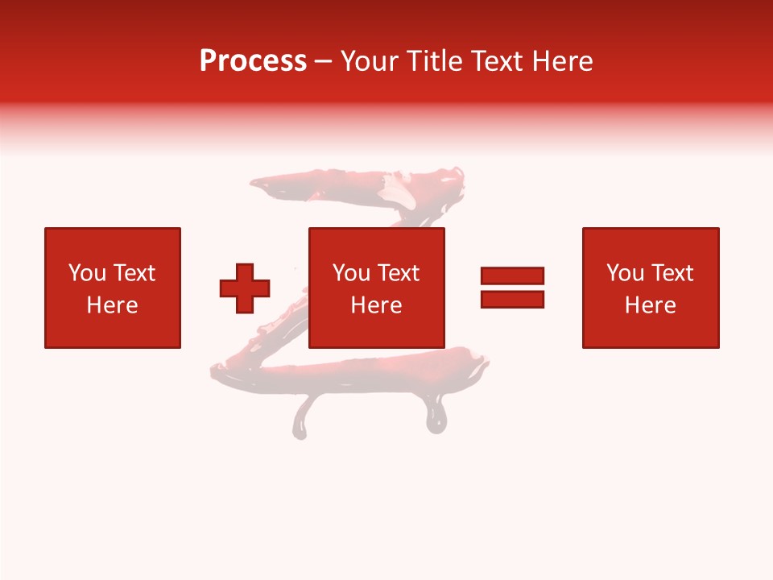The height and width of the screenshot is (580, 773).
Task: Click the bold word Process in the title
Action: coord(253,61)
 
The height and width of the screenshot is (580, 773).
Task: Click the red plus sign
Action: coord(245,288)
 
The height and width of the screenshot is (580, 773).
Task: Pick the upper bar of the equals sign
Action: coord(512,275)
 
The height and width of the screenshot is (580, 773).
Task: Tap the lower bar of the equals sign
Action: coord(512,299)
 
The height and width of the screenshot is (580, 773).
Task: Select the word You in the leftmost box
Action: coord(87,273)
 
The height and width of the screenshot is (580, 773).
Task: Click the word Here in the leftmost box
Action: coord(113,305)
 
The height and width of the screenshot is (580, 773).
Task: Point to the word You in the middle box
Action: coord(351,273)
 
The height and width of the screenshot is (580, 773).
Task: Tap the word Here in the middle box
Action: coord(377,305)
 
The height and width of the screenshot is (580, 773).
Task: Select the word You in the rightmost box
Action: coord(625,273)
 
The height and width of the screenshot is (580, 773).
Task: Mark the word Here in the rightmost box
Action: coord(651,305)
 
